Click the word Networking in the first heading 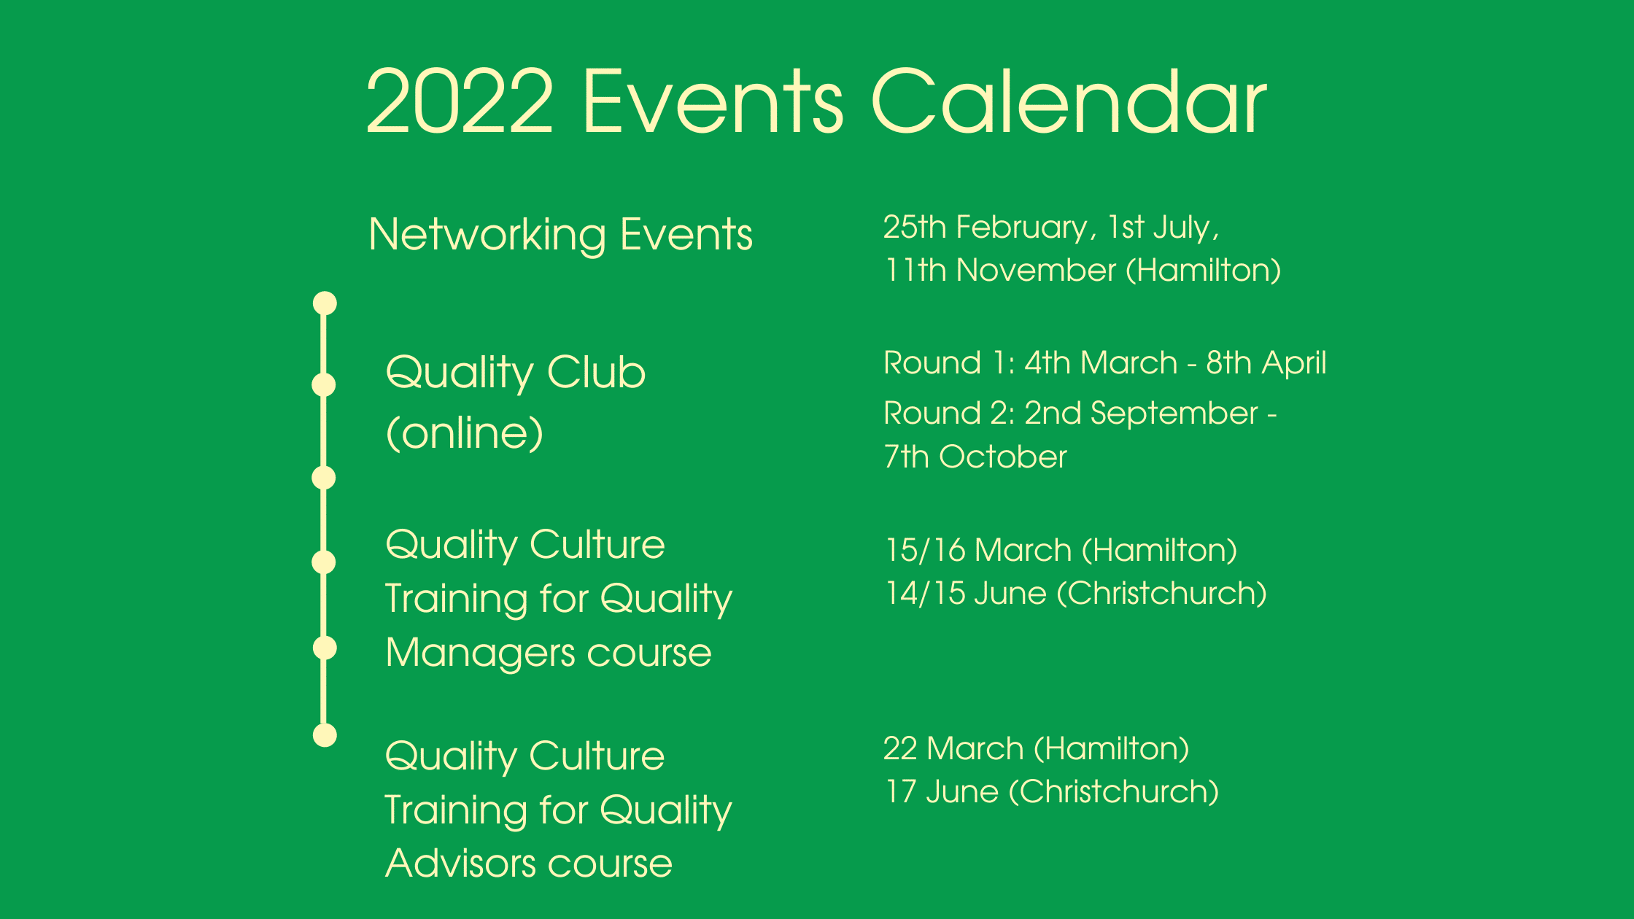click(x=487, y=235)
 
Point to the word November click(x=1036, y=270)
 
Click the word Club click(x=596, y=372)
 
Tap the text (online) click(x=465, y=433)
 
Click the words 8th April click(x=1266, y=363)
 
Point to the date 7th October click(x=975, y=457)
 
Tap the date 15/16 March click(x=979, y=550)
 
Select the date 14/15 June click(x=967, y=593)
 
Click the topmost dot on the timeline click(x=325, y=303)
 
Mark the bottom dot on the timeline click(x=325, y=735)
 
